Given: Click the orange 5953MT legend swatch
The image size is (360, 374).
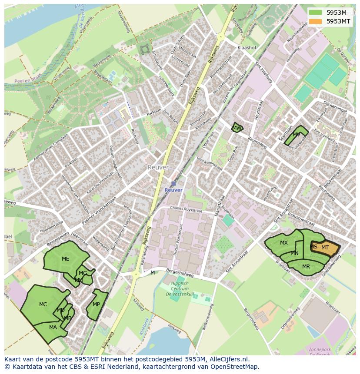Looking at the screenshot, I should (316, 21).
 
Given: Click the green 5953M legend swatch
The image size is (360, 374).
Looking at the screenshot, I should (316, 13).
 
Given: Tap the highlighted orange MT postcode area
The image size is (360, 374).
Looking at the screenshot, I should (325, 248).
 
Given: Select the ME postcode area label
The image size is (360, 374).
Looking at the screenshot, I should (65, 259).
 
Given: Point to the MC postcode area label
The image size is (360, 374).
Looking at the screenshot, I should (43, 304).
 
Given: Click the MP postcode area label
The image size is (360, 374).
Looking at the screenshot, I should (97, 304).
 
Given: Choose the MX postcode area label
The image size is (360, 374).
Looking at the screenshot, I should (284, 243).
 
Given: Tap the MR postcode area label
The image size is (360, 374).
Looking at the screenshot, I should (306, 267).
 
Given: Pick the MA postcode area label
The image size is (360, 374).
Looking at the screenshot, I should (53, 328).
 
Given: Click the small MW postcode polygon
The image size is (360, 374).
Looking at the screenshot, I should (237, 128).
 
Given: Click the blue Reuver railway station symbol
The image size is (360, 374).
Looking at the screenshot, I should (173, 184).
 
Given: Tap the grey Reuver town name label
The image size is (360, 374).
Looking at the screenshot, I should (157, 167).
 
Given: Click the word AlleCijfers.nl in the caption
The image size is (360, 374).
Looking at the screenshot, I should (229, 359).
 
